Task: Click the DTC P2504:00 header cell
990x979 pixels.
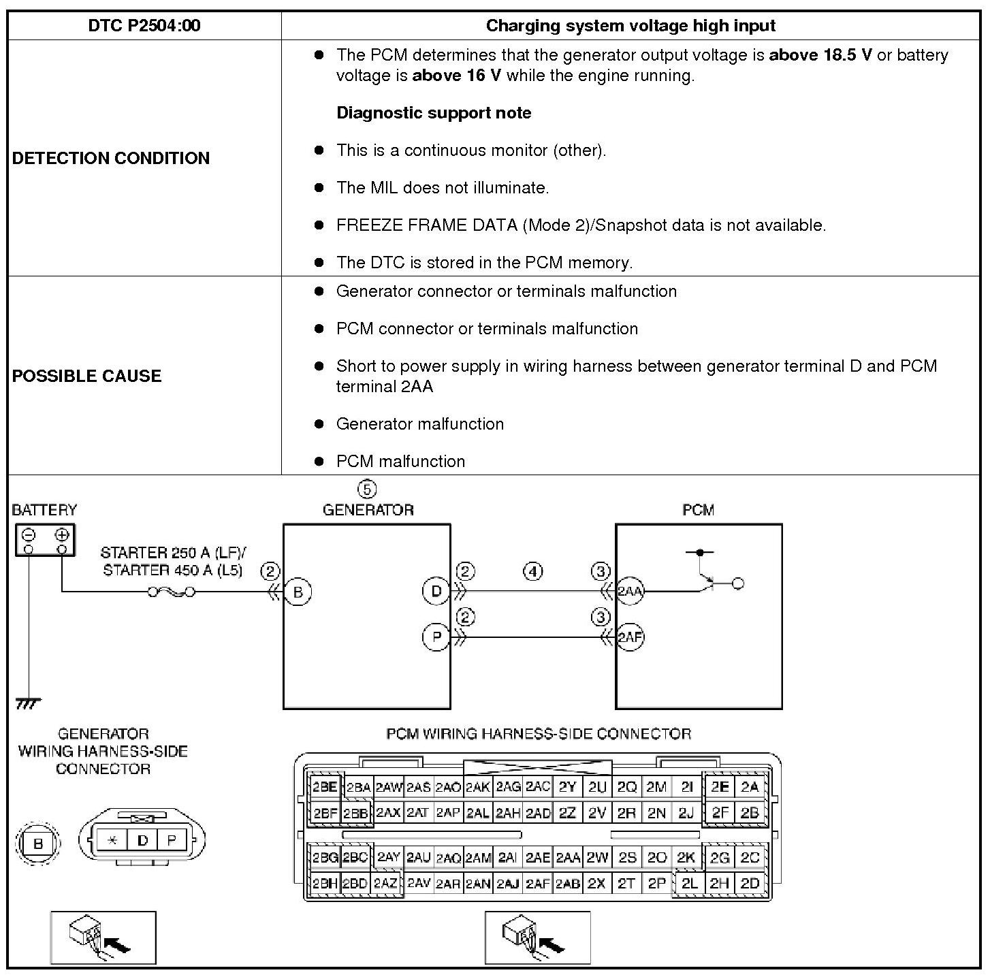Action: pos(144,26)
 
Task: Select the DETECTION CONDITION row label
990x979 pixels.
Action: pos(111,158)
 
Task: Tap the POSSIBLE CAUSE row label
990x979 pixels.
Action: pos(86,376)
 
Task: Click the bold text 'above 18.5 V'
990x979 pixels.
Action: pos(820,55)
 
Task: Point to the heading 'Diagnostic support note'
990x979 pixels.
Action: pos(434,113)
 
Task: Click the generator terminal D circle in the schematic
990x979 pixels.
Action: pos(436,591)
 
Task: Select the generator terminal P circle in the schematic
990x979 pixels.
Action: pos(436,637)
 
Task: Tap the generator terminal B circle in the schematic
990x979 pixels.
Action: pos(298,592)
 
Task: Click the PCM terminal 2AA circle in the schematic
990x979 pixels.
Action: pos(630,591)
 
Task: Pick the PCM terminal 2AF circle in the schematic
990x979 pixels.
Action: pos(630,638)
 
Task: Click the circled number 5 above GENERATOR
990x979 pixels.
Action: pos(366,489)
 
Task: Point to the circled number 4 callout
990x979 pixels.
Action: pos(533,571)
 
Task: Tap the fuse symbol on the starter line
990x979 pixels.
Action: pos(172,592)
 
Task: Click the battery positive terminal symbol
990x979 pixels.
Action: pos(62,534)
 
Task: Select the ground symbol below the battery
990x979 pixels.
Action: pos(28,703)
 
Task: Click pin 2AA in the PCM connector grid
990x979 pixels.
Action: pos(568,858)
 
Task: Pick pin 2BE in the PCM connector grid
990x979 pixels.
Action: pos(325,787)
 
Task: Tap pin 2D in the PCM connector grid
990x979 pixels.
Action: pos(750,883)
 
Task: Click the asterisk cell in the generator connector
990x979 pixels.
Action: pos(112,840)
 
